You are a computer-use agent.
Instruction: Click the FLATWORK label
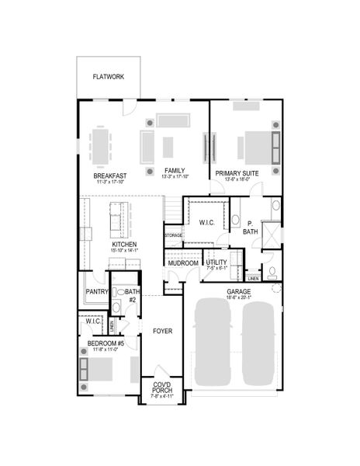pos(109,77)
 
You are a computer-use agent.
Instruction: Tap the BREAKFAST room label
pos(110,176)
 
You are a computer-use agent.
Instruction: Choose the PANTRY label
pos(96,292)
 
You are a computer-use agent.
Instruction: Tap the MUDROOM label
pos(183,263)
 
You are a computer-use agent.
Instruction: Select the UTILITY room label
pos(217,263)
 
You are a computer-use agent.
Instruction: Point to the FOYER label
pos(161,332)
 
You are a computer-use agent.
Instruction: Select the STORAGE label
pos(173,235)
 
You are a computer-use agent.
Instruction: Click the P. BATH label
pos(251,227)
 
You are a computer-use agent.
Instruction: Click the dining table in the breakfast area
pos(102,145)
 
